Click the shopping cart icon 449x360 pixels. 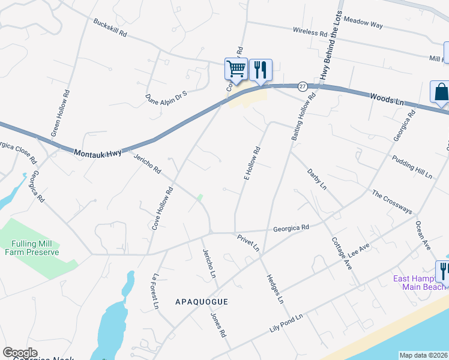coord(237,69)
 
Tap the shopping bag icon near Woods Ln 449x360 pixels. coord(441,92)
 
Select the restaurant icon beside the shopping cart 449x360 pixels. coord(260,69)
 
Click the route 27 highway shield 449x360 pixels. coord(303,86)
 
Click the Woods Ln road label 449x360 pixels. coord(387,99)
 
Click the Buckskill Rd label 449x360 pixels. coord(110,28)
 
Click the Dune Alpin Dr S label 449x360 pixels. coord(167,94)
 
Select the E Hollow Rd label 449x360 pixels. coord(252,163)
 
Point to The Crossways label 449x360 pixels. coord(392,202)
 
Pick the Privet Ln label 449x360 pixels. coord(247,242)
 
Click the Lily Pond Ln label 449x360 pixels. coord(287,324)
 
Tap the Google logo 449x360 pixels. coord(20,353)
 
